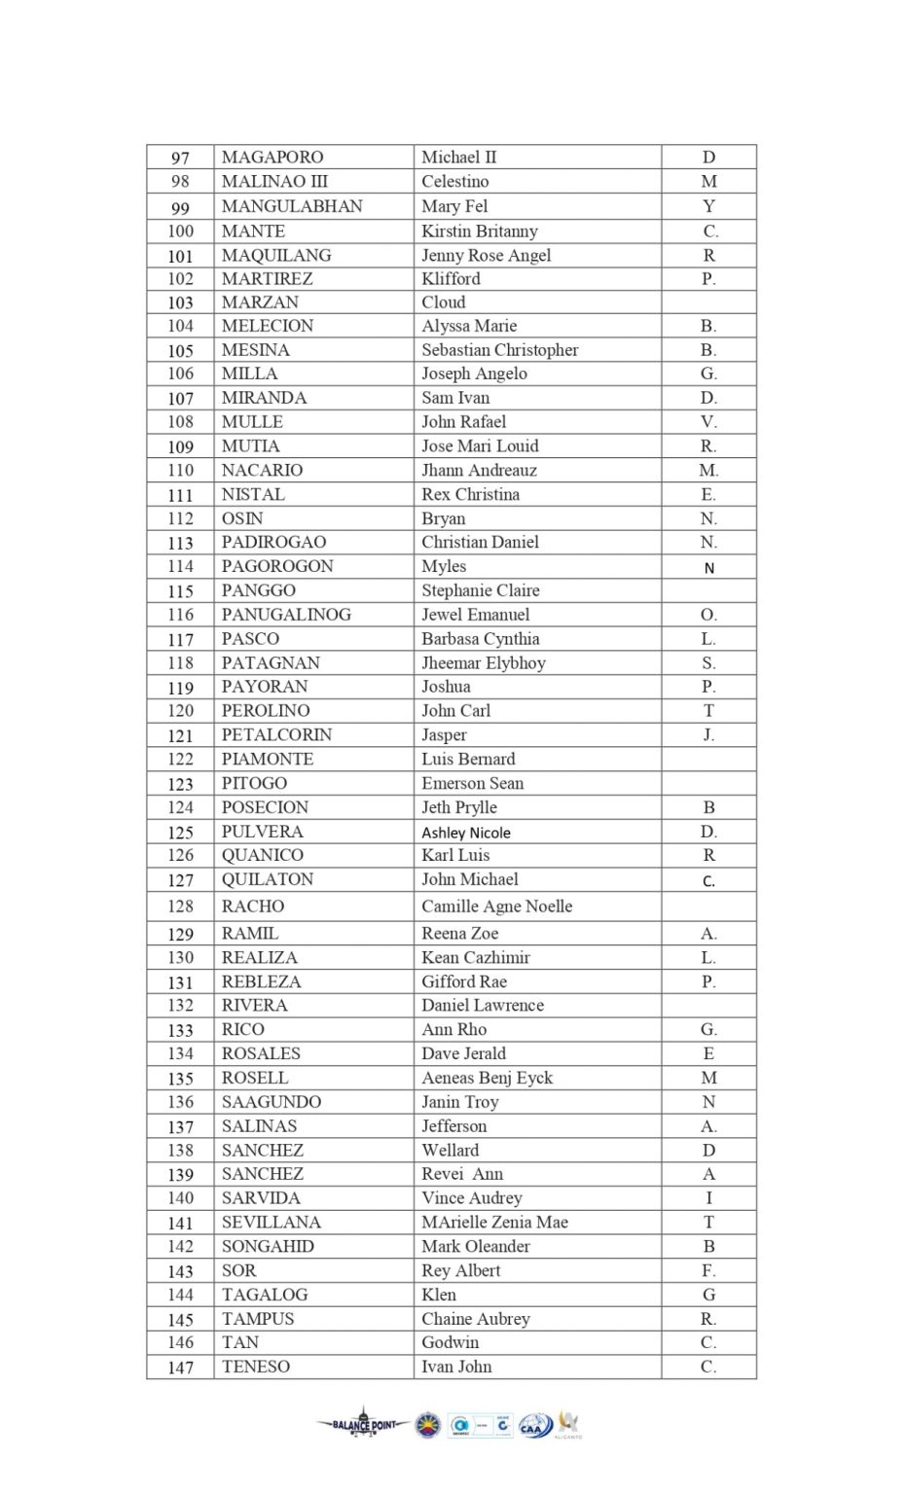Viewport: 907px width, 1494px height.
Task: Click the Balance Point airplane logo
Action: (363, 1424)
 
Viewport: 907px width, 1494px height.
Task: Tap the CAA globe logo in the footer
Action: (535, 1426)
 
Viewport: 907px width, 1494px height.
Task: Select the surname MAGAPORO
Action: (272, 158)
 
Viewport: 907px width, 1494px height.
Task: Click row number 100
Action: (181, 231)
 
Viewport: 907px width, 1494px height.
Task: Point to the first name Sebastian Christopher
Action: (499, 350)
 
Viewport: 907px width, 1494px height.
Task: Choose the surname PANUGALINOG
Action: (286, 615)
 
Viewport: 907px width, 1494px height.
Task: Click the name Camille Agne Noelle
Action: (496, 907)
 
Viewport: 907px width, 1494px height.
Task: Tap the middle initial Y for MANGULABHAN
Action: (708, 206)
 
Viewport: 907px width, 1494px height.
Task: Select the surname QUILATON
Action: (268, 879)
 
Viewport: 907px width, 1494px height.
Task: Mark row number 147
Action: (181, 1368)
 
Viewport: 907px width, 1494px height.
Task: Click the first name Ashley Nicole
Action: (466, 833)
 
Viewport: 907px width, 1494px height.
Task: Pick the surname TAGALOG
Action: (265, 1295)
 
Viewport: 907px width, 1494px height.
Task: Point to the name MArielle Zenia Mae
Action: (494, 1223)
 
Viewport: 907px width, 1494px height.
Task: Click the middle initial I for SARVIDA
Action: (708, 1198)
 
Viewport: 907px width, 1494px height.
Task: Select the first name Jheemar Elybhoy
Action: (484, 663)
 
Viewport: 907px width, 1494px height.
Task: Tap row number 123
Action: (181, 784)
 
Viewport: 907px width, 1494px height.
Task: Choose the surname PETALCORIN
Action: (276, 735)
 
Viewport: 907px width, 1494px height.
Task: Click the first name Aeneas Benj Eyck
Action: (487, 1078)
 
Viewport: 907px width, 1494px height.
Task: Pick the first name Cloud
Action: (444, 302)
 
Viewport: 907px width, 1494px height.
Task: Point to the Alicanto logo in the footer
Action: (568, 1425)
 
